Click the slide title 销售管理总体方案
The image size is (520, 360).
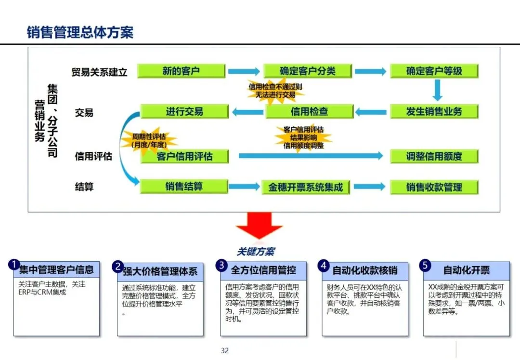point(80,32)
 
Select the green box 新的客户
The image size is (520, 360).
point(181,71)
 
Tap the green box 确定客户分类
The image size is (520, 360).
point(308,71)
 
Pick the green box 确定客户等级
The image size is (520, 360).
point(434,71)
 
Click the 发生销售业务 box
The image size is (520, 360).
point(434,111)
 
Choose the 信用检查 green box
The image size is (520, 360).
point(309,112)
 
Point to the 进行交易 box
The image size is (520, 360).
point(184,112)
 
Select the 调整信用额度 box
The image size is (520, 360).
point(434,156)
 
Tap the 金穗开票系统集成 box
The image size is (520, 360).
point(306,187)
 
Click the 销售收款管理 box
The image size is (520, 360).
point(434,187)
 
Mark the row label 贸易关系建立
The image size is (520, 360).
point(99,72)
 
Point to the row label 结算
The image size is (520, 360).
point(84,187)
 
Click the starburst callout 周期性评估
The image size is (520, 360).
point(149,140)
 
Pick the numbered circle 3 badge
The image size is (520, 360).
point(221,265)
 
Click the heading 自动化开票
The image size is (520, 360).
point(466,270)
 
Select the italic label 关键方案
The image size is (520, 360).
point(256,251)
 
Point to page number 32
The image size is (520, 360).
point(224,350)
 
